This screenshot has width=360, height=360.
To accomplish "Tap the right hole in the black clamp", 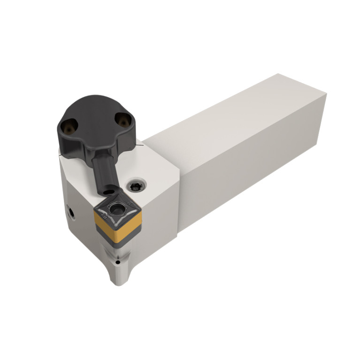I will (123, 121).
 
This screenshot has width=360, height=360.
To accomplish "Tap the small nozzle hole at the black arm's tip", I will (109, 191).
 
